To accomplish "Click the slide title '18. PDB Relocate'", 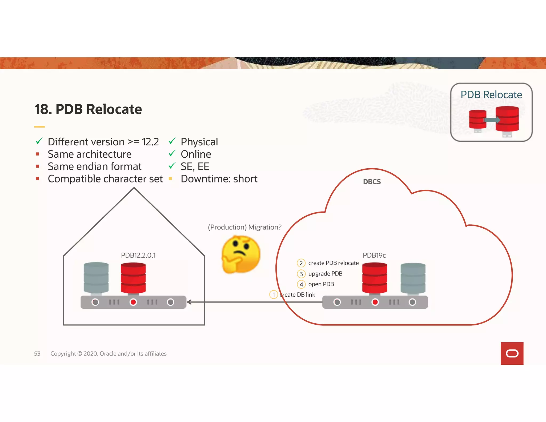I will tap(88, 109).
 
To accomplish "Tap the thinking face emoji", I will tap(241, 254).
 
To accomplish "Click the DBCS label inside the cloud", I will tap(372, 182).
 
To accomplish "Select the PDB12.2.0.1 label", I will tap(138, 255).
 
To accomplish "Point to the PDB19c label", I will tap(374, 255).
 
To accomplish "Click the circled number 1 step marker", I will tap(274, 294).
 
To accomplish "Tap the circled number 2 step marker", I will tap(301, 263).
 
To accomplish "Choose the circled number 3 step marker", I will tap(301, 274).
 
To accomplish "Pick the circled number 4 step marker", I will tap(301, 284).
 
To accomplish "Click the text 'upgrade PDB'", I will tap(325, 274).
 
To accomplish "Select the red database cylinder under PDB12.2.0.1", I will tap(133, 278).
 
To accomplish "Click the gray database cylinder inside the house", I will tap(96, 278).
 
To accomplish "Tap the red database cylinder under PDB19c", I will tap(375, 278).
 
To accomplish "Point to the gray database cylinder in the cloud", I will tap(413, 278).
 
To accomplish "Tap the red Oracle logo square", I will tap(512, 353).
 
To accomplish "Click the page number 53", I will tap(37, 353).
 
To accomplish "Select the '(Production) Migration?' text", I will tap(244, 227).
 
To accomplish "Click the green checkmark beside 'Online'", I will tap(172, 153).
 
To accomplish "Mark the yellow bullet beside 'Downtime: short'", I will tap(170, 179).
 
